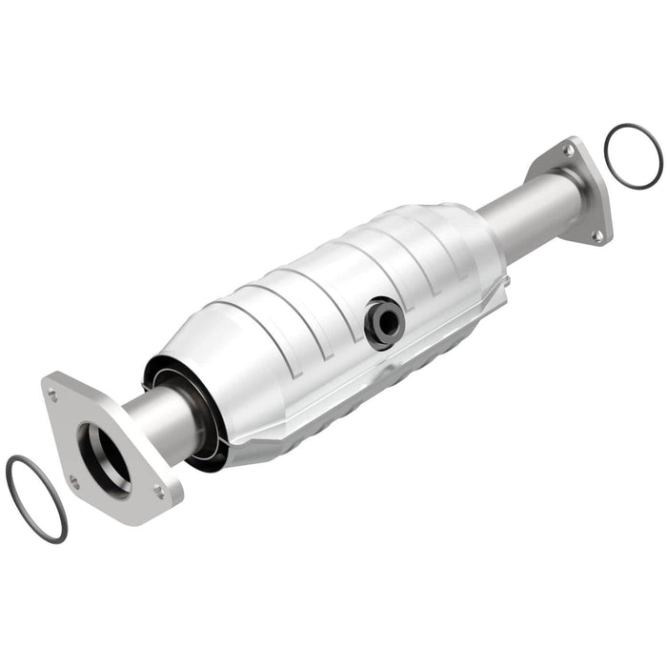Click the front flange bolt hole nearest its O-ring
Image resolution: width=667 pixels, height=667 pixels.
coord(73,482)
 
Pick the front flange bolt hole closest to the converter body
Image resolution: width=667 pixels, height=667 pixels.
coord(158,493)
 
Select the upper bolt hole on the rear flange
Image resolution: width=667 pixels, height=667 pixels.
coord(569,150)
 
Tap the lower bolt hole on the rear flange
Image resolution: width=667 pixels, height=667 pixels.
coord(597,234)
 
